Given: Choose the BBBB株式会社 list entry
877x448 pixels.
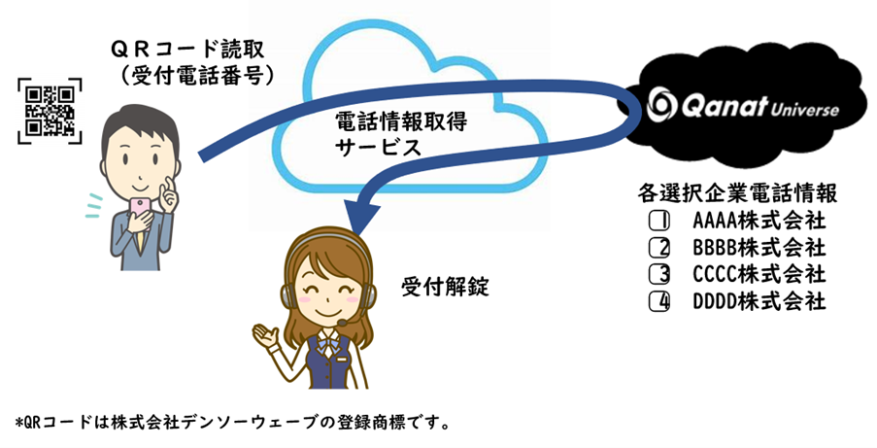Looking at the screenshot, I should (x=759, y=247).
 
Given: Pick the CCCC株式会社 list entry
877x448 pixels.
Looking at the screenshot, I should (x=759, y=274).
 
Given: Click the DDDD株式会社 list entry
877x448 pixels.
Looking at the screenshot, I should (x=759, y=301).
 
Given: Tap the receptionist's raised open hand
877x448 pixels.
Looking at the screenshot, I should (x=264, y=336).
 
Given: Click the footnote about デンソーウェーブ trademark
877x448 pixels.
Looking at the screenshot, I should (x=232, y=423).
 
